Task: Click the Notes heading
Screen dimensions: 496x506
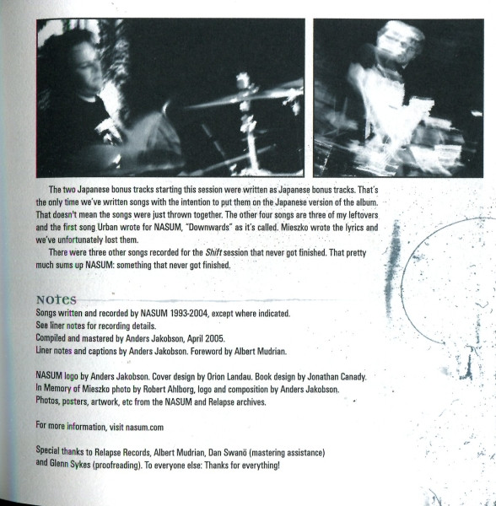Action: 57,299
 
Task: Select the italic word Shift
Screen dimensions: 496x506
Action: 213,252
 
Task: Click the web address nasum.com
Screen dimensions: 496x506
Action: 144,428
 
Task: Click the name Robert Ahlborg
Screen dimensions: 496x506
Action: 169,389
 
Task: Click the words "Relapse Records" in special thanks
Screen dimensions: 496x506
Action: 122,452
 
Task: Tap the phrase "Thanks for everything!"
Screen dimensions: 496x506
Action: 242,465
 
